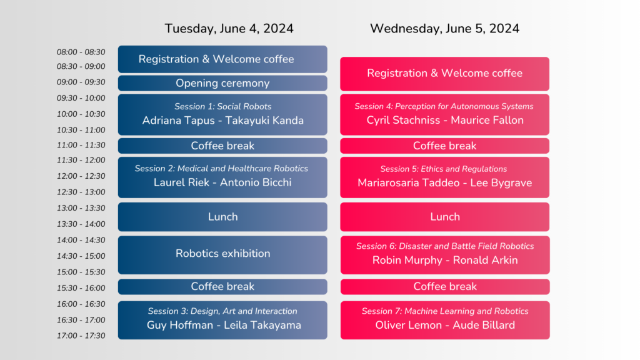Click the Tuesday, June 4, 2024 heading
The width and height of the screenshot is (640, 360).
coord(229,29)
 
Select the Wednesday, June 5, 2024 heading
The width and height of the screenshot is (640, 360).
coord(444,29)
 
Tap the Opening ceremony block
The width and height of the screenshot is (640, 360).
coord(222,83)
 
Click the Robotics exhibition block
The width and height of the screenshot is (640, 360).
coord(222,255)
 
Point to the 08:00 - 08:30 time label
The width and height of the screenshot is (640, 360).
coord(81,52)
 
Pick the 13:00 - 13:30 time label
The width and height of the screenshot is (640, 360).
coord(81,208)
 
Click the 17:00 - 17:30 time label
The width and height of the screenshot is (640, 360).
coord(81,336)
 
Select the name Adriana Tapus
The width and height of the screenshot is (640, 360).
coord(178,121)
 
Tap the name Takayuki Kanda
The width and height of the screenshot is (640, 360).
coord(264,121)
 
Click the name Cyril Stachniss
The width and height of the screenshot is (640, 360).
coord(403,121)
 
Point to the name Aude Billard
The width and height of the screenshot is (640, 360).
coord(484,325)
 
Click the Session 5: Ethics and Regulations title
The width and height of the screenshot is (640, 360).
coord(444,169)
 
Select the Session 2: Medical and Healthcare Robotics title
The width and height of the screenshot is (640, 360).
coord(221,169)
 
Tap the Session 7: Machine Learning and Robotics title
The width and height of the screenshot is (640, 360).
coord(445,311)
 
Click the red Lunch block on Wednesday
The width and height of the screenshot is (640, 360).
coord(444,217)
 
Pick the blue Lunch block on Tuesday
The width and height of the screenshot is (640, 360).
coord(222,217)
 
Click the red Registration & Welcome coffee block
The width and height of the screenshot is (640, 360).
coord(444,74)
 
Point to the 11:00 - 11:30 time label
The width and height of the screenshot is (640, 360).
coord(81,145)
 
